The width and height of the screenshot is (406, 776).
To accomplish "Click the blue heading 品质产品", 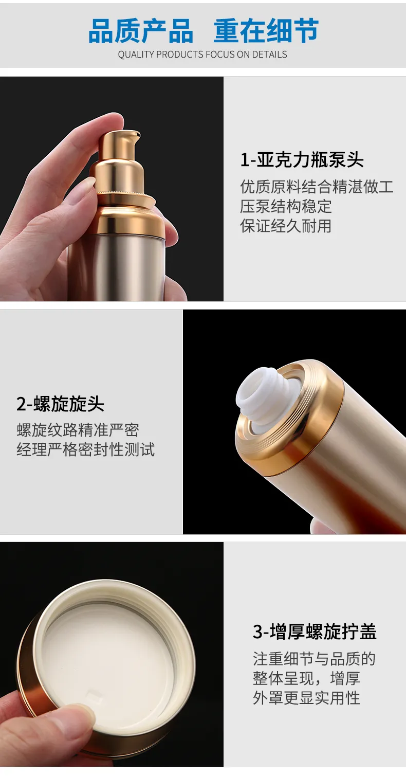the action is [x=141, y=31].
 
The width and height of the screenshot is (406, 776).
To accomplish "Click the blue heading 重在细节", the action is [x=266, y=31].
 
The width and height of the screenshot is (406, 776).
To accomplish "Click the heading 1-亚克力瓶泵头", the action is [x=302, y=160].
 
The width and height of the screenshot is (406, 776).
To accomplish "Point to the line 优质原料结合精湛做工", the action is [x=317, y=187].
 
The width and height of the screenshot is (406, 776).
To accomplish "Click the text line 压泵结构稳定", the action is [x=286, y=207].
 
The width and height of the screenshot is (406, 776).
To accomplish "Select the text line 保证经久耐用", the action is [x=286, y=226].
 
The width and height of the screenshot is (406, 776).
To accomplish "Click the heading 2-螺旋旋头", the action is [x=60, y=404].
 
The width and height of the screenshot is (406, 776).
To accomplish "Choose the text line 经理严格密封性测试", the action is [x=85, y=450].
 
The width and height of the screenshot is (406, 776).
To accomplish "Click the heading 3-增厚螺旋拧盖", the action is [x=315, y=632].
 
